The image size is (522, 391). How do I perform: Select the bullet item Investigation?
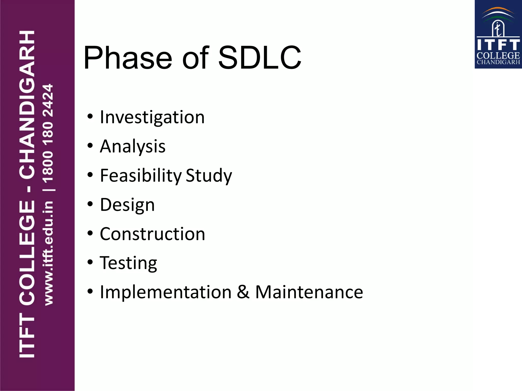(152, 117)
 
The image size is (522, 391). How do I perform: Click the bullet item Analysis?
(133, 146)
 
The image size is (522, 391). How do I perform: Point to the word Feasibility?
(141, 176)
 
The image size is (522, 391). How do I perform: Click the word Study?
(209, 176)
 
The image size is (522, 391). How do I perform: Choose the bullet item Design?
(127, 205)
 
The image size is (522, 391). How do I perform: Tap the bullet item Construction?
(152, 234)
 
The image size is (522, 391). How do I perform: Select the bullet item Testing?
(128, 263)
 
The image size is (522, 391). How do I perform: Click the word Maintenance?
(309, 292)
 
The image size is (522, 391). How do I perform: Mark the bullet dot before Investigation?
(90, 117)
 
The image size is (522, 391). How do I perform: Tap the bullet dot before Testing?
(90, 262)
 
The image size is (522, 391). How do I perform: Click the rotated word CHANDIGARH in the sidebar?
(27, 104)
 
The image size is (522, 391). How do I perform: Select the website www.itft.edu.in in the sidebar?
(48, 253)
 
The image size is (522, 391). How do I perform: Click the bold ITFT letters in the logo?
(498, 45)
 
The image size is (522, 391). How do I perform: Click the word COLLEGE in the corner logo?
(498, 55)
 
